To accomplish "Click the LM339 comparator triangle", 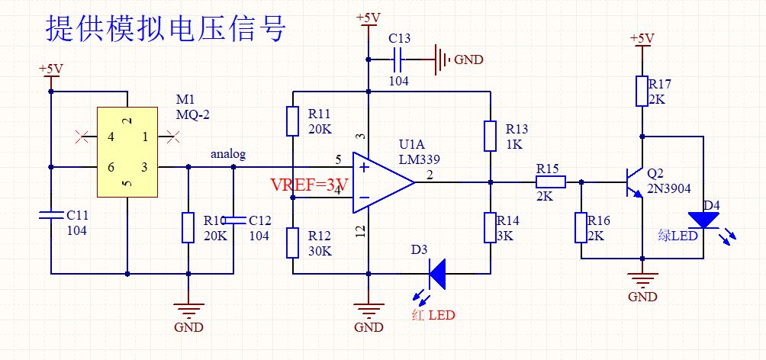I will point(381,182).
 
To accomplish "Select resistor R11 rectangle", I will point(292,121).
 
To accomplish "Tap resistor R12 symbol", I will point(292,243).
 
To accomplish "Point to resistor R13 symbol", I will point(490,135).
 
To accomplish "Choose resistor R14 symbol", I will point(490,227).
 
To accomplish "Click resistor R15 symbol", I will point(550,182).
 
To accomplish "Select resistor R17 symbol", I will point(642,91).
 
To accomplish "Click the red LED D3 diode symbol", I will point(437,273).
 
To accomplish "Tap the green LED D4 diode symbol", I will point(703,220).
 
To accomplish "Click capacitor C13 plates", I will point(397,58).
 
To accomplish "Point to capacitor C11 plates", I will point(51,217).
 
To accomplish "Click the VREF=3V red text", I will point(309,185).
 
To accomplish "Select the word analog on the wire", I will point(228,154).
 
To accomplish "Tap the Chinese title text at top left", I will point(166,30).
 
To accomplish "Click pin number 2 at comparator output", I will point(430,176).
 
